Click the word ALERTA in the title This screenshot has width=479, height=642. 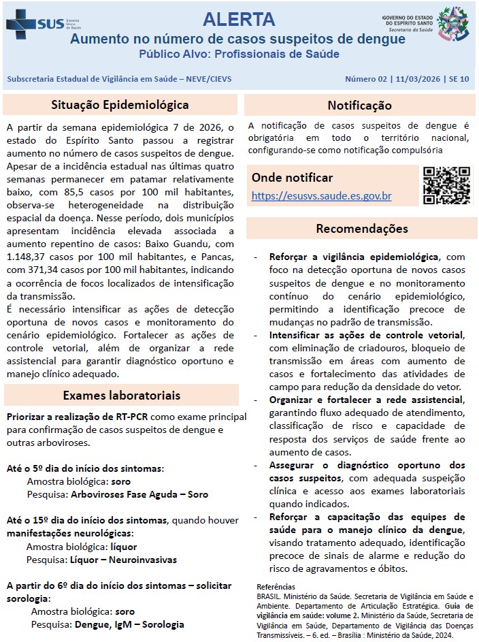tap(239, 19)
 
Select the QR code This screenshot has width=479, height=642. tap(446, 185)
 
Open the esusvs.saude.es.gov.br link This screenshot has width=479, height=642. tap(321, 196)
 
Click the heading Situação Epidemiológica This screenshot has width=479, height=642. tap(120, 105)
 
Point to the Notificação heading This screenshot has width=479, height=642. tap(359, 106)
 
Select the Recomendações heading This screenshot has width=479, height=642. tap(361, 229)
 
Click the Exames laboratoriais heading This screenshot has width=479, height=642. tap(121, 396)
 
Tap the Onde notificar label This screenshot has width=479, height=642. tap(292, 178)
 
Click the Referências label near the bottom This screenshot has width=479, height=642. tap(276, 586)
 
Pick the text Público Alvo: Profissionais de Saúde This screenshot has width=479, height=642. tap(238, 54)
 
